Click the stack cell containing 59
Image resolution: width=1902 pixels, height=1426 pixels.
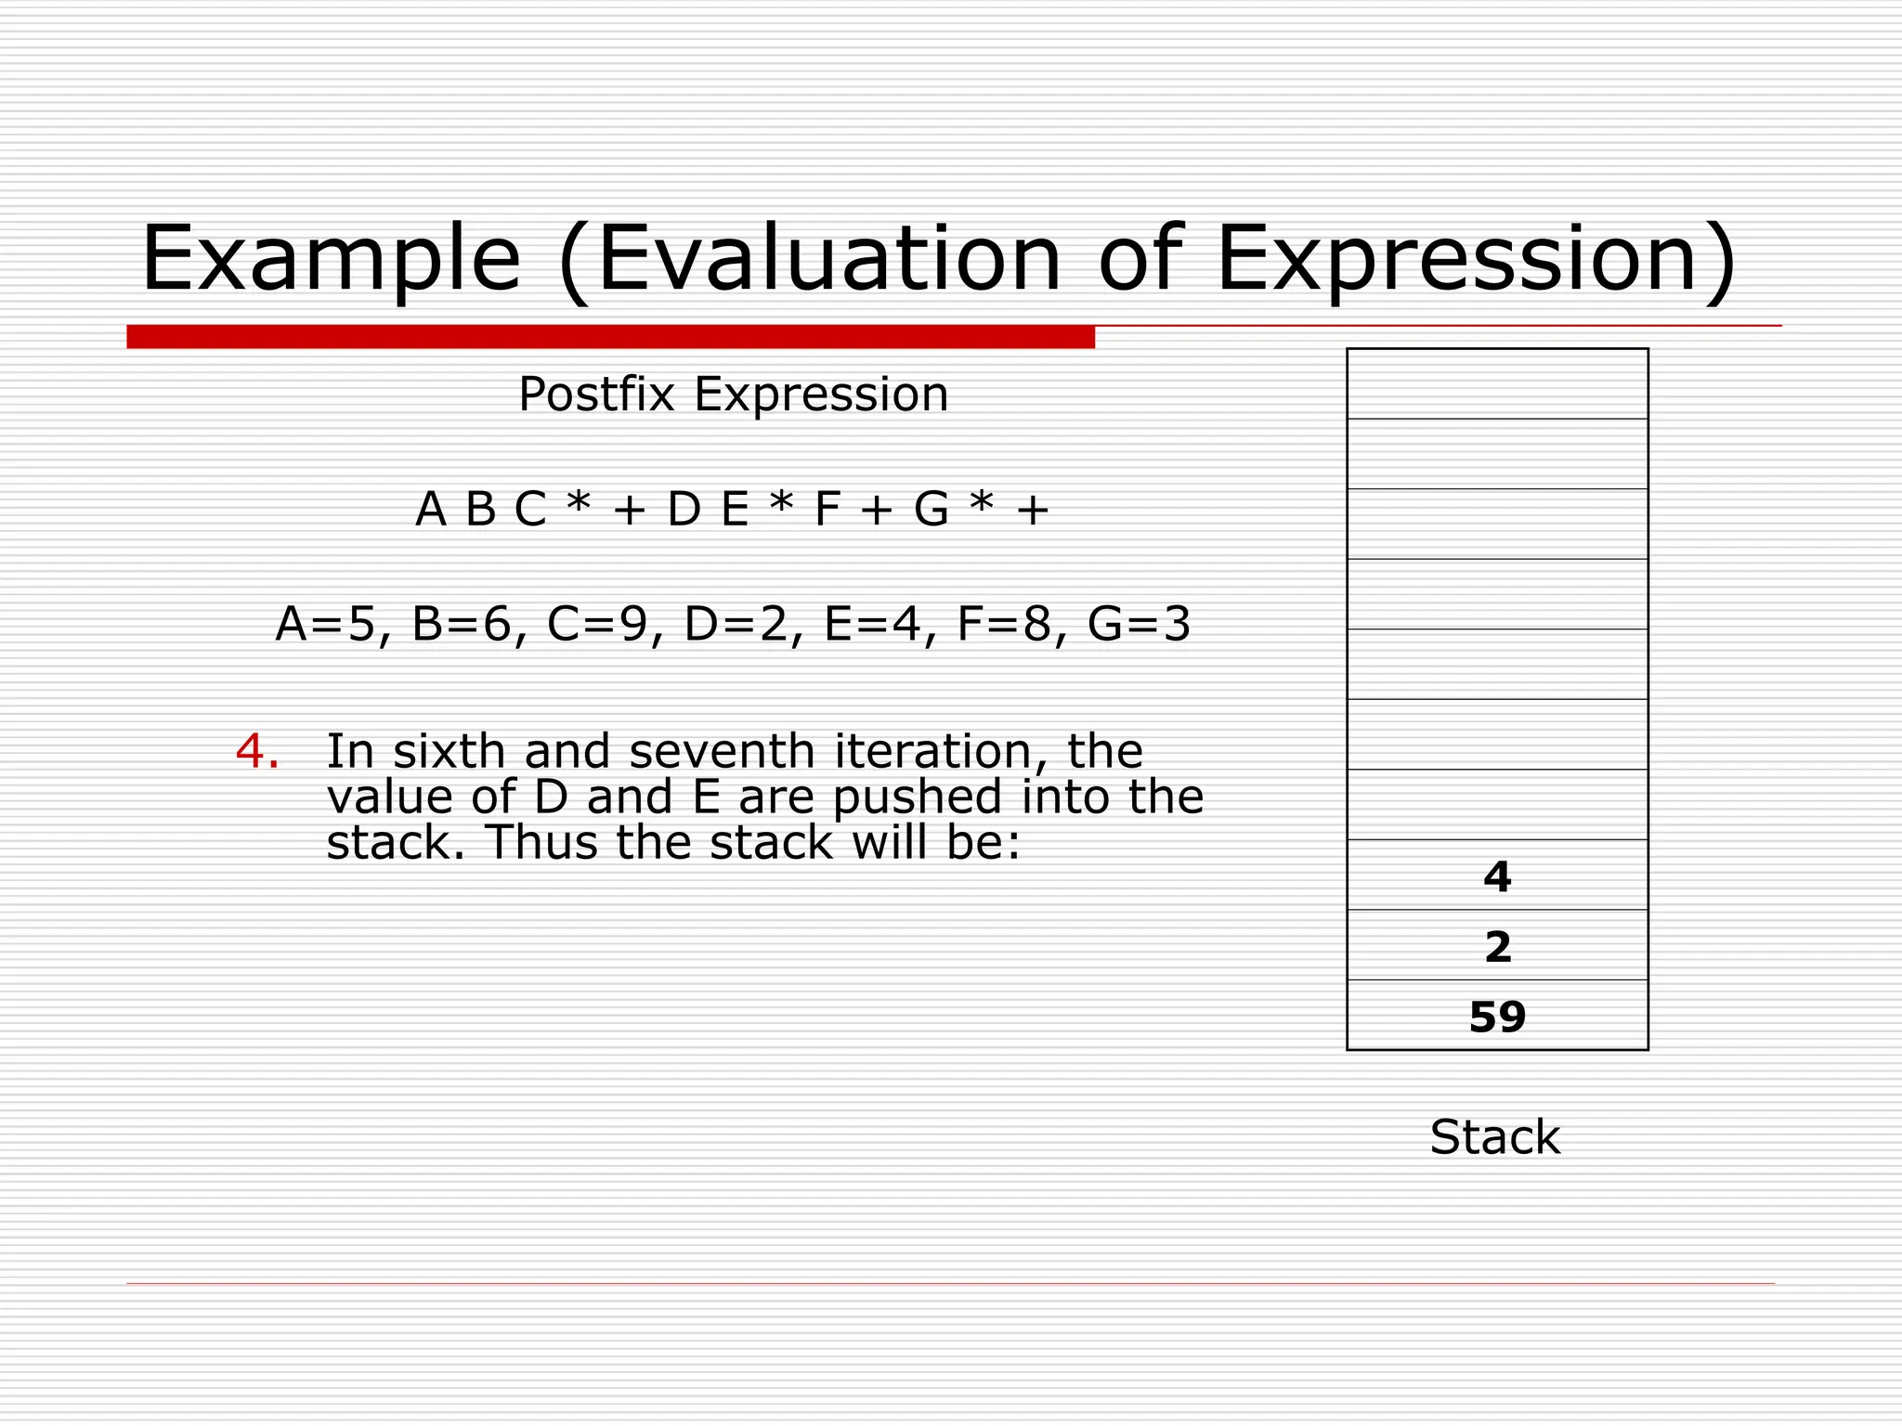1497,1016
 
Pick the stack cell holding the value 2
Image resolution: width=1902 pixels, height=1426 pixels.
1497,946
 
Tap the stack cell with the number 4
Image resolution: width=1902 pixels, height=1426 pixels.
1497,875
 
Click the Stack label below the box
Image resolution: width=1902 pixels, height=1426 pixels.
1494,1137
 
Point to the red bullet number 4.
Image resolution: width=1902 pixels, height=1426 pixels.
256,751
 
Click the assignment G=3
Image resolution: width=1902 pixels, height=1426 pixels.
1139,624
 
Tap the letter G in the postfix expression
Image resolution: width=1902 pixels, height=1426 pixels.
931,510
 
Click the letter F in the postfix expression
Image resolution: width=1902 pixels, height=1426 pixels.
827,510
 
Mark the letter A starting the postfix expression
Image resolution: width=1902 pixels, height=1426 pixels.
431,510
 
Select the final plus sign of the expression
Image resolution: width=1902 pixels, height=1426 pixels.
1033,510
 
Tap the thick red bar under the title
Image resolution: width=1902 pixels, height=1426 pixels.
610,337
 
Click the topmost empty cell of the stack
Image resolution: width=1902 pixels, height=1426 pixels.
1497,383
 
